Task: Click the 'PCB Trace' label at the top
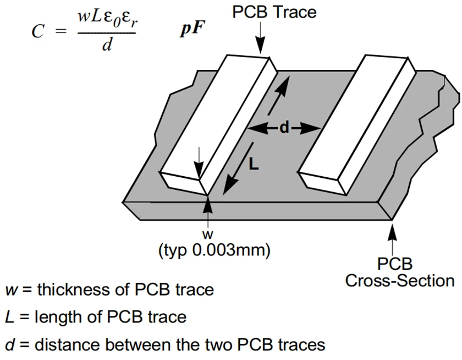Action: click(x=274, y=12)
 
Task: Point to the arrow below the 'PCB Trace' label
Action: click(x=261, y=39)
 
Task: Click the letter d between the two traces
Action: click(x=284, y=128)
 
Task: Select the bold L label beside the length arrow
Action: click(x=254, y=163)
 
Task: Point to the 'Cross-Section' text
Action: click(x=400, y=281)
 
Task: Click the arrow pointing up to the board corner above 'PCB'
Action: click(x=392, y=237)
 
